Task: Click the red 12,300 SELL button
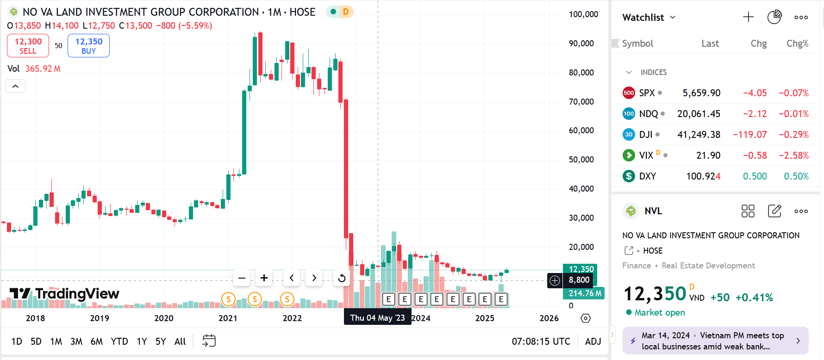tap(28, 46)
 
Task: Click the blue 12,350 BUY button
tap(88, 46)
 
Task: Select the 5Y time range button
tap(161, 341)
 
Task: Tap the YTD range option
tap(119, 341)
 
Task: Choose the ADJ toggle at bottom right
tap(593, 341)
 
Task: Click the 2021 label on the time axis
tap(228, 318)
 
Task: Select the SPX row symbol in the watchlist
tap(647, 93)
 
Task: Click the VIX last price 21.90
tap(708, 155)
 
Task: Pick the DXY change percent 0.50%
tap(796, 176)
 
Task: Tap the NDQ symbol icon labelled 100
tap(629, 114)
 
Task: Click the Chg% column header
tap(797, 43)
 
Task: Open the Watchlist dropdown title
tap(649, 18)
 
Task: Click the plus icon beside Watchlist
tap(748, 18)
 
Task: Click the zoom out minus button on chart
tap(242, 278)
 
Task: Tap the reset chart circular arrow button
tap(342, 278)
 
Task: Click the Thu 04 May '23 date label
tap(377, 318)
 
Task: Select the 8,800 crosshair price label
tap(579, 280)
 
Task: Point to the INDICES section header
tap(653, 72)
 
